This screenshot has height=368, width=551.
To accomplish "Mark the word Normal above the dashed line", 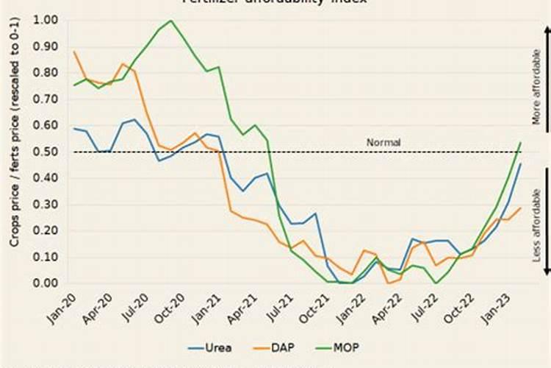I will click(383, 142).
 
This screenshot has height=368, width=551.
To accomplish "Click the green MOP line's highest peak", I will click(171, 21).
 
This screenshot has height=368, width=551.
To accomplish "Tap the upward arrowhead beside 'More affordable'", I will click(547, 29).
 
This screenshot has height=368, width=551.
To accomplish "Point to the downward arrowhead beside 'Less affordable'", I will click(547, 272).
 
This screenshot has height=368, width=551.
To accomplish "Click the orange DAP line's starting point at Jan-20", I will click(74, 52).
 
